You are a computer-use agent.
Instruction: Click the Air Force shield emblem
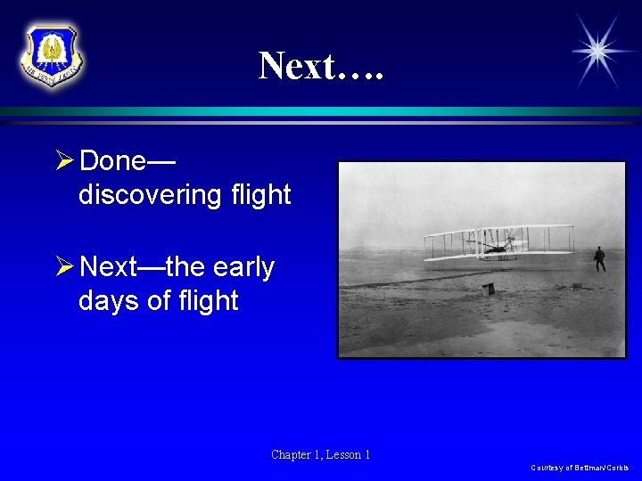[x=51, y=55]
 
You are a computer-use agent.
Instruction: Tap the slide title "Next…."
[x=321, y=65]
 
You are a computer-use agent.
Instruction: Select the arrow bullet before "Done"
[x=63, y=161]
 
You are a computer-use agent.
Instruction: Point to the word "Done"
[x=112, y=161]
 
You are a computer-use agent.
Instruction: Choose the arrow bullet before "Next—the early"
[x=63, y=267]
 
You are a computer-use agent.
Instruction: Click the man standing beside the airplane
[x=599, y=259]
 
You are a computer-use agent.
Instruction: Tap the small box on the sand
[x=488, y=289]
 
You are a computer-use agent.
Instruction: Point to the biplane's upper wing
[x=498, y=230]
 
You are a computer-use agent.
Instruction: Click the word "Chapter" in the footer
[x=292, y=455]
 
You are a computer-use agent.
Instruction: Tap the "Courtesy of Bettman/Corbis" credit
[x=580, y=468]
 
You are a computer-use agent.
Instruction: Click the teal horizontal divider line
[x=321, y=111]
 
